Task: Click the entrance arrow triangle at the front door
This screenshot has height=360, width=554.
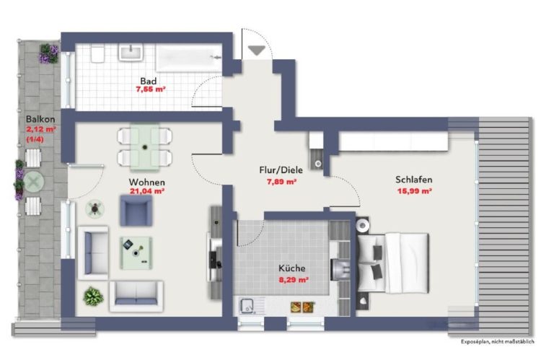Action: [x=257, y=51]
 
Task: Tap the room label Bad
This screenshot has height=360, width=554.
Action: [x=149, y=81]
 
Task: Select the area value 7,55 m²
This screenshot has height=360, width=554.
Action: [x=151, y=89]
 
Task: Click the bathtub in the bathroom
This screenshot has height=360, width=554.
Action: [x=189, y=58]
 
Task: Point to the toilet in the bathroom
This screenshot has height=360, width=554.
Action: [x=97, y=53]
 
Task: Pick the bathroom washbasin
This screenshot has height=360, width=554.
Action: [x=131, y=53]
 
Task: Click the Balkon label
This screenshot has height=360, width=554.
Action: [x=40, y=119]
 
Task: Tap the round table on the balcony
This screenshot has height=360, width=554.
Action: [x=34, y=183]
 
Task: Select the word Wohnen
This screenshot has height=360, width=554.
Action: [x=147, y=183]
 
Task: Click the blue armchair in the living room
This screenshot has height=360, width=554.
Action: [x=136, y=210]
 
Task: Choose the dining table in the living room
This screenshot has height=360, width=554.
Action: [x=144, y=147]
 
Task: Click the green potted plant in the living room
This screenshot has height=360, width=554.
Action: [x=93, y=296]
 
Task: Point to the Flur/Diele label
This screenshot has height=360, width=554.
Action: [x=281, y=170]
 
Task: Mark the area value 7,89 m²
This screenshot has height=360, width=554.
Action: [x=281, y=183]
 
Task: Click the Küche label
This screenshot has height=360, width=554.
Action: [x=292, y=268]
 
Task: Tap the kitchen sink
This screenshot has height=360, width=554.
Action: [x=248, y=306]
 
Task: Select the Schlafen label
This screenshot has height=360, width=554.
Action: [x=414, y=180]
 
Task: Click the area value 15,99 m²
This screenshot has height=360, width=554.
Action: [x=415, y=191]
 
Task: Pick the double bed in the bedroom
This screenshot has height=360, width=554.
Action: [x=393, y=263]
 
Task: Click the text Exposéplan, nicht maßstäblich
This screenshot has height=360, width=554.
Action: [x=498, y=342]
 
